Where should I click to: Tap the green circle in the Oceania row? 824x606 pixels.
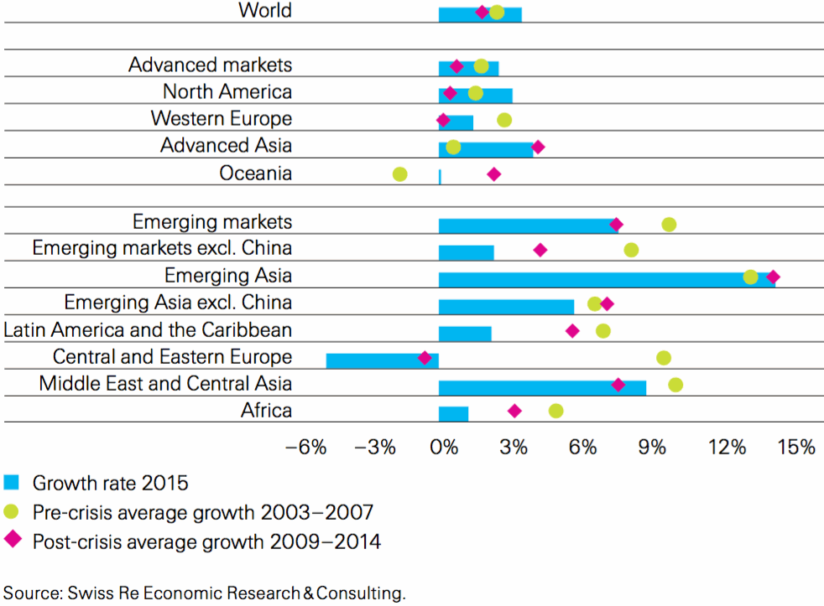coord(400,174)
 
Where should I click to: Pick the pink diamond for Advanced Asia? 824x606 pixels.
coord(538,148)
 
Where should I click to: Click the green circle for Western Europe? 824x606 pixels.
coord(504,120)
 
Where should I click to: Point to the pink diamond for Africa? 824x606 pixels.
coord(514,411)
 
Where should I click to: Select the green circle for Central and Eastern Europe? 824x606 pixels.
coord(664,358)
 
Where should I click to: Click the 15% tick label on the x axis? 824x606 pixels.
coord(796,448)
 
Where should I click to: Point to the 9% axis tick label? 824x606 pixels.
coord(653,448)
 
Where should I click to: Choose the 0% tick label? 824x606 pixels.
coord(444,448)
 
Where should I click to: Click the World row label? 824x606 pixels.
coord(265,11)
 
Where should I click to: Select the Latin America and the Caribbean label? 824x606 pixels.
coord(149,329)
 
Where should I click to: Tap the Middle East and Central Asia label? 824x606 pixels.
coord(166,384)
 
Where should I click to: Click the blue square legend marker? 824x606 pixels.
coord(12,483)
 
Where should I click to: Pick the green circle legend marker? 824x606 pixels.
coord(12,512)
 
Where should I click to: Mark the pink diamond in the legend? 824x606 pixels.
coord(12,541)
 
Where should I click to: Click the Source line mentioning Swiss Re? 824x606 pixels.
coord(205,593)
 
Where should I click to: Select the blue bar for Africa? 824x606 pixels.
coord(453,413)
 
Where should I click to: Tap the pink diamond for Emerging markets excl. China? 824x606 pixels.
coord(540,250)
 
